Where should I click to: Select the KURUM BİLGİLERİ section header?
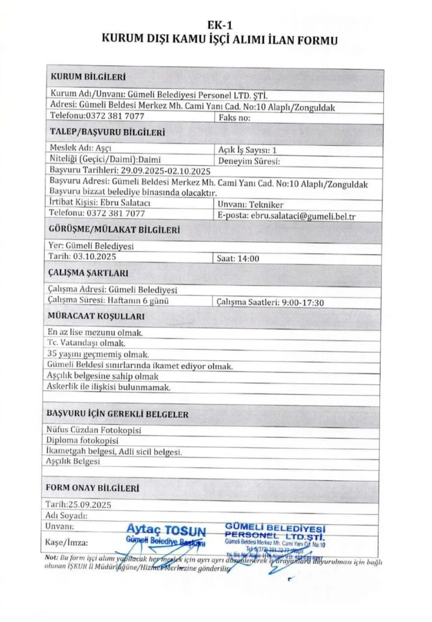point(88,78)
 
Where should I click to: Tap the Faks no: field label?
point(235,118)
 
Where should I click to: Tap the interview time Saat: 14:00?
point(238,259)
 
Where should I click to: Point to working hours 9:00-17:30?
point(303,303)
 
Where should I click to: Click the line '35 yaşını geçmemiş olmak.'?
point(98,354)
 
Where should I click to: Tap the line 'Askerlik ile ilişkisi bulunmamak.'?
point(108,388)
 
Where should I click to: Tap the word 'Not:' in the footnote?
point(52,558)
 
